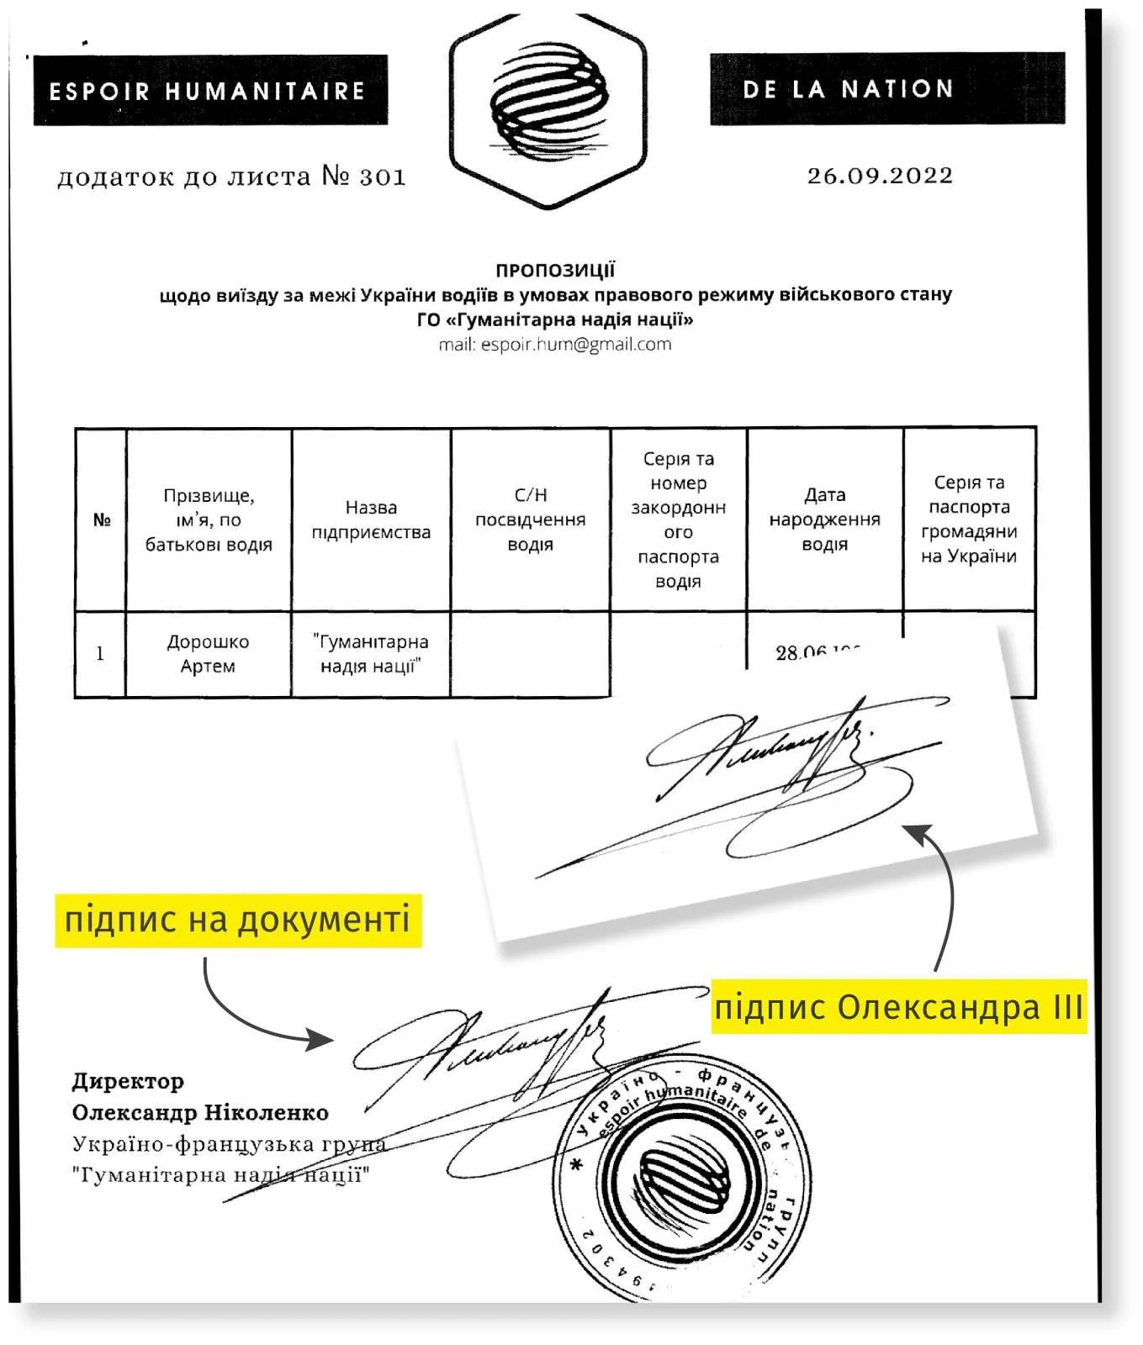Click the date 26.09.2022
point(880,176)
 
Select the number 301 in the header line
point(383,177)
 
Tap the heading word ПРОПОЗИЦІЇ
point(555,270)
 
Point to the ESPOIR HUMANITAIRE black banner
point(209,90)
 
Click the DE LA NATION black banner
point(886,89)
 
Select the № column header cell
point(101,520)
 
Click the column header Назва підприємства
point(371,520)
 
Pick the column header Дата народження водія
point(824,520)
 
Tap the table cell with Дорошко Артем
point(208,653)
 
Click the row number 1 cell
point(100,653)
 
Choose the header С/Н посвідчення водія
point(530,520)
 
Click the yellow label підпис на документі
point(238,919)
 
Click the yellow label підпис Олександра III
point(898,1006)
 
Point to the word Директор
point(128,1081)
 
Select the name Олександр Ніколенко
point(200,1112)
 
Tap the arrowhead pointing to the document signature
point(322,1039)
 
